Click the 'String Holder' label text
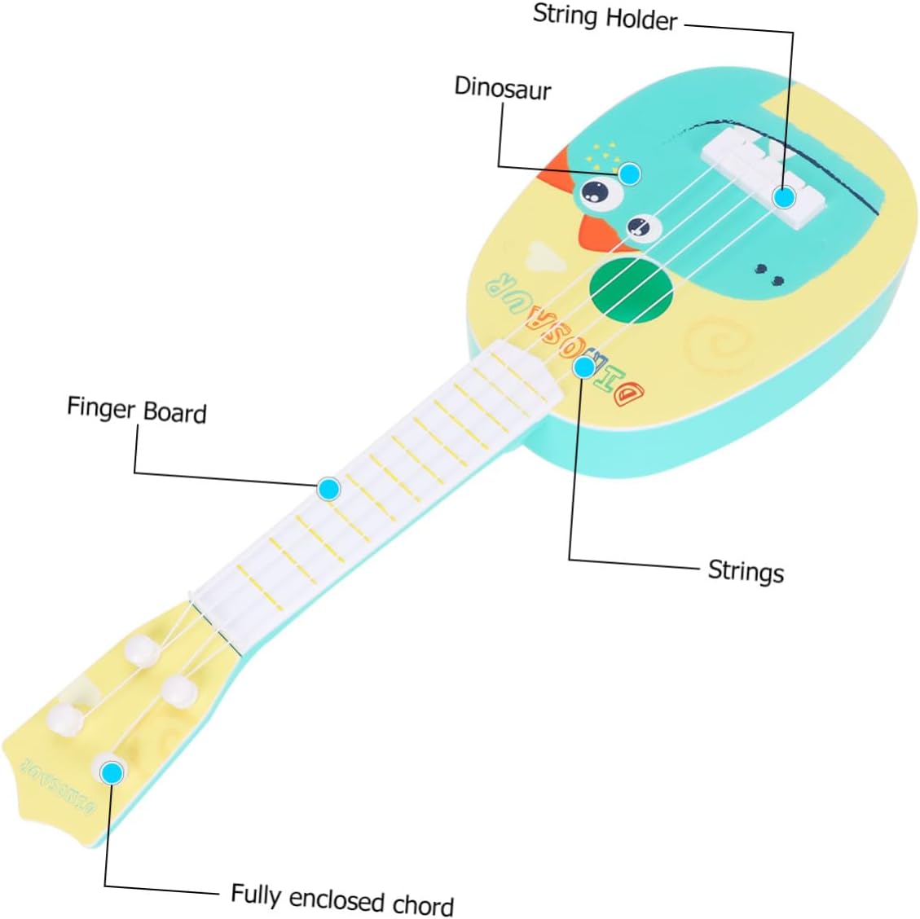coord(605,16)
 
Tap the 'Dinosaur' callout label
coord(502,88)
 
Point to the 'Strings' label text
coord(746,570)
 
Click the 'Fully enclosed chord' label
coord(342,899)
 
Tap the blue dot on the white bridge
coord(784,196)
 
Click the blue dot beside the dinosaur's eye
coord(629,173)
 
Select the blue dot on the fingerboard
coord(328,489)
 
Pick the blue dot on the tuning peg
coord(111,771)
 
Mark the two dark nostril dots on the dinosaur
coord(770,275)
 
